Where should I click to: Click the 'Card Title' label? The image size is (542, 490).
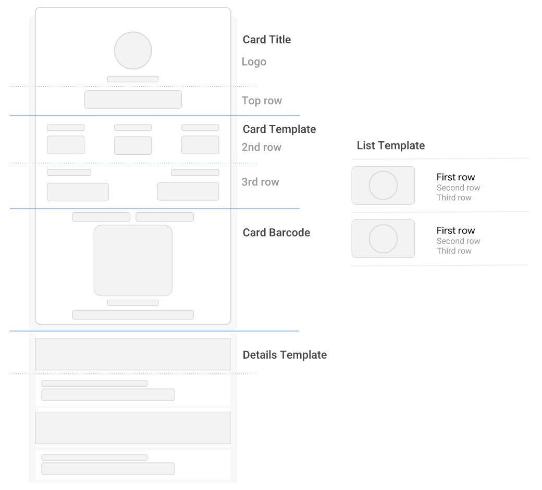pyautogui.click(x=267, y=40)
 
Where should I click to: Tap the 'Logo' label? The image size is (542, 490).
pyautogui.click(x=254, y=62)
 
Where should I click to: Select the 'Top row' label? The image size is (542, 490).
pyautogui.click(x=262, y=101)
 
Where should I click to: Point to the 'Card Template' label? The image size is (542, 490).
pyautogui.click(x=279, y=129)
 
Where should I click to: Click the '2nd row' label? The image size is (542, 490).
pyautogui.click(x=261, y=148)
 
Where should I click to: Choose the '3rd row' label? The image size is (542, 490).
pyautogui.click(x=260, y=182)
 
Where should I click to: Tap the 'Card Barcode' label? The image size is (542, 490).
pyautogui.click(x=276, y=233)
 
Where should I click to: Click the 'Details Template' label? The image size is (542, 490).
pyautogui.click(x=285, y=355)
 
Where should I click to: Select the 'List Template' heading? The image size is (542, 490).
pyautogui.click(x=390, y=146)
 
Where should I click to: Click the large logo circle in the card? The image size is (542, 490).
pyautogui.click(x=133, y=51)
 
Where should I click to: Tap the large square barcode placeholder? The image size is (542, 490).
pyautogui.click(x=133, y=260)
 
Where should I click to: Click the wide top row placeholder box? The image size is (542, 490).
pyautogui.click(x=133, y=100)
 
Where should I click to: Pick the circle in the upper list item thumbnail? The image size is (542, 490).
pyautogui.click(x=383, y=185)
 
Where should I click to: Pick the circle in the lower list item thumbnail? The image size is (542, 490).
pyautogui.click(x=383, y=238)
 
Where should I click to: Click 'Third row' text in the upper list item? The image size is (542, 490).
pyautogui.click(x=454, y=198)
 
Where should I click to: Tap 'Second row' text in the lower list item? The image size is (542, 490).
pyautogui.click(x=458, y=241)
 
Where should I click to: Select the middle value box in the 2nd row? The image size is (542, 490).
pyautogui.click(x=133, y=145)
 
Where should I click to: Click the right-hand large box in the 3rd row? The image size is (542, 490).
pyautogui.click(x=188, y=191)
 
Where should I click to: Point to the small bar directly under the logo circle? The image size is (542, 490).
pyautogui.click(x=133, y=79)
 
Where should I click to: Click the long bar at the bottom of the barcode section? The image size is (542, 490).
pyautogui.click(x=133, y=314)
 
